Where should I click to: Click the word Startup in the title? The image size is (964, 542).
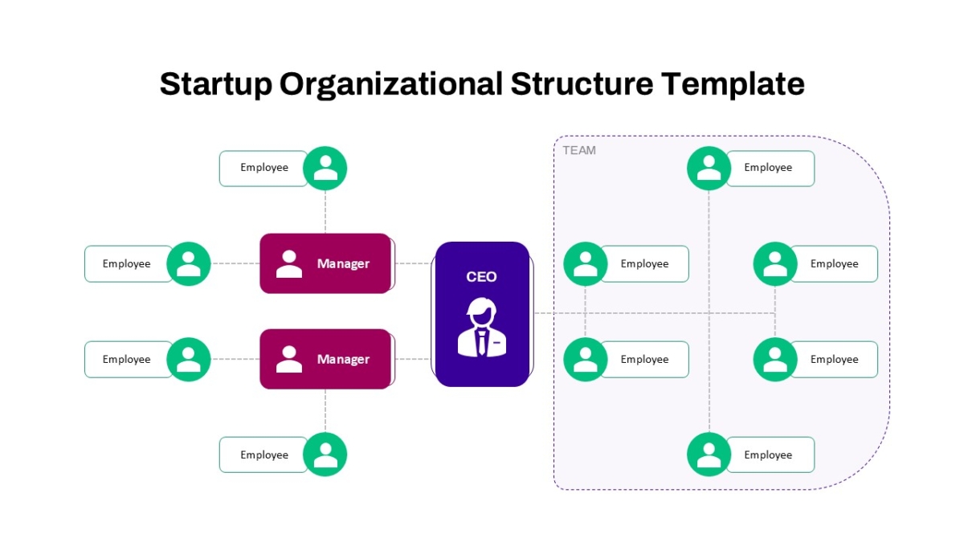click(x=215, y=84)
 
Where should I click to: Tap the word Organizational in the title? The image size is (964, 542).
click(x=390, y=84)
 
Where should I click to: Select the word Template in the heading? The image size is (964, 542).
click(x=733, y=84)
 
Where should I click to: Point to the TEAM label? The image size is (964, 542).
click(x=579, y=151)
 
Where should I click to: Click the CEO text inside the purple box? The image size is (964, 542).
click(x=481, y=276)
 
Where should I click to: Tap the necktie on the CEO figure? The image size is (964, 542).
click(x=482, y=342)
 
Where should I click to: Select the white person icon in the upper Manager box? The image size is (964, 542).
click(x=288, y=263)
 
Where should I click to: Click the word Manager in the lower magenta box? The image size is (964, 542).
click(x=343, y=359)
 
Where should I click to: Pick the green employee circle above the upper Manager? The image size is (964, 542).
click(x=325, y=168)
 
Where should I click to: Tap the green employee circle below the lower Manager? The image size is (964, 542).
click(x=325, y=454)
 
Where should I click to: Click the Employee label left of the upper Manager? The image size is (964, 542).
click(x=127, y=263)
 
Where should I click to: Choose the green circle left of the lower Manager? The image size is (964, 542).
click(x=189, y=359)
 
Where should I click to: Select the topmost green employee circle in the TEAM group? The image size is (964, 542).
click(x=709, y=168)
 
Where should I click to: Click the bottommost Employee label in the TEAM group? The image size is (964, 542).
click(x=768, y=454)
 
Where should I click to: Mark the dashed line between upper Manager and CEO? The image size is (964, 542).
click(x=413, y=263)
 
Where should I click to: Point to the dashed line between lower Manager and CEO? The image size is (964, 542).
click(x=413, y=359)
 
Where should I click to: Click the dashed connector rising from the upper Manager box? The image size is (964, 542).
click(x=325, y=212)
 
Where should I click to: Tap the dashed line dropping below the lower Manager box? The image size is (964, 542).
click(x=325, y=411)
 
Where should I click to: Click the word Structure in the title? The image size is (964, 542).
click(x=582, y=84)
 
